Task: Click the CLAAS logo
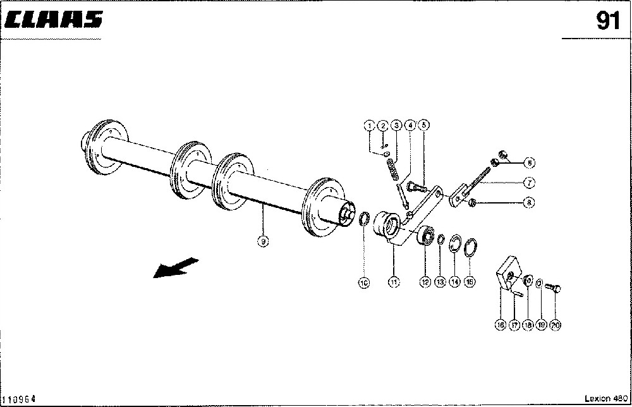pos(54,20)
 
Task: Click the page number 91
pos(607,21)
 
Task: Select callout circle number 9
pos(263,240)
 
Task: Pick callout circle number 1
pos(368,126)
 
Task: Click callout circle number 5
pos(423,125)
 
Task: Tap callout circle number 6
pos(530,162)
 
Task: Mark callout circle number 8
pos(530,203)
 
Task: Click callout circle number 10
pos(364,284)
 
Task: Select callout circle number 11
pos(394,282)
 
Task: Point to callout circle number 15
pos(469,282)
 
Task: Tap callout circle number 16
pos(500,325)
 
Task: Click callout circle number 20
pos(556,325)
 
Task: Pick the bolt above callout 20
pos(554,288)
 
